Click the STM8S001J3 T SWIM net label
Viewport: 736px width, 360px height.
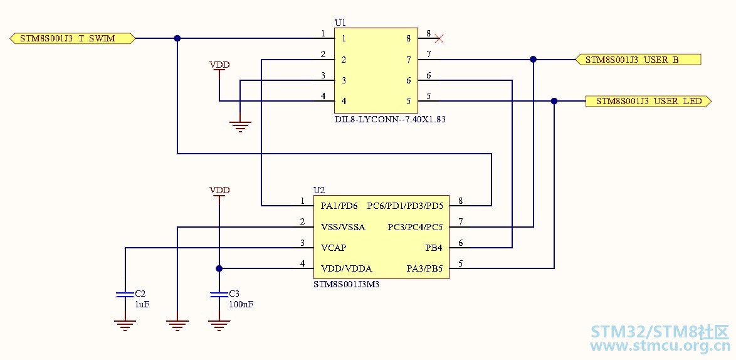[73, 38]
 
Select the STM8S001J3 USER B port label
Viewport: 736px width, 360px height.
[638, 60]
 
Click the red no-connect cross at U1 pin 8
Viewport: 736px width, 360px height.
[439, 38]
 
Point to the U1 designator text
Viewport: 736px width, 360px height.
[340, 23]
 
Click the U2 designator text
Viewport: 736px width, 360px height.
[319, 190]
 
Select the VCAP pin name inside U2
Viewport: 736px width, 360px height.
[334, 247]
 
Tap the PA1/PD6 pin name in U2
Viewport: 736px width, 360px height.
[339, 205]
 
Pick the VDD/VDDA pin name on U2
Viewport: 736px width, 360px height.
[347, 268]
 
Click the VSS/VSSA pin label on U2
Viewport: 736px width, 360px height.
[343, 227]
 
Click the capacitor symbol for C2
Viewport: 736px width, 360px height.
[125, 294]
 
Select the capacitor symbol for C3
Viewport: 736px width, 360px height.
[219, 294]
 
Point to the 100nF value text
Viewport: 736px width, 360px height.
[241, 304]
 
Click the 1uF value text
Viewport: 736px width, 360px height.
[143, 304]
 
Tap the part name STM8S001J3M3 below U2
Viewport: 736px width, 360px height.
[346, 284]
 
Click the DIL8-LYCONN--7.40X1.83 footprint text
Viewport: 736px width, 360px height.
[389, 119]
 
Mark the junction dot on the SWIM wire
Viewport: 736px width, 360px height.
[177, 38]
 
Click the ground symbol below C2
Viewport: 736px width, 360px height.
[125, 326]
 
